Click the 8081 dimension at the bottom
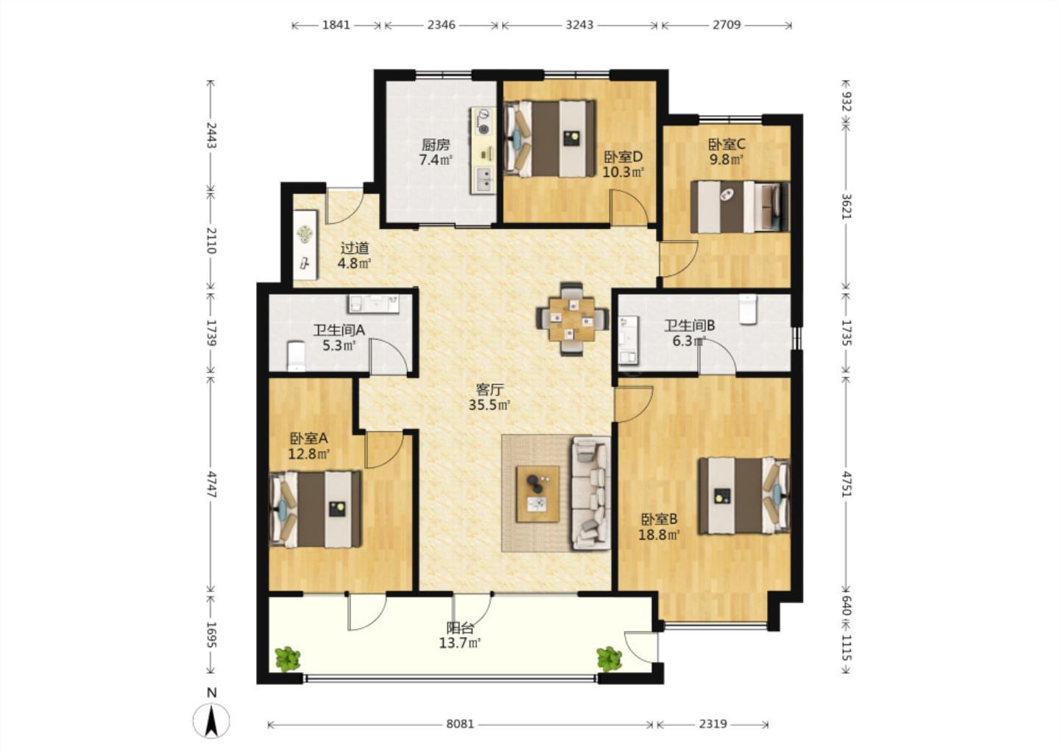pos(460,725)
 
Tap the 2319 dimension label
pos(713,725)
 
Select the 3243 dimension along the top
pos(579,24)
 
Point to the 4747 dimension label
pos(211,485)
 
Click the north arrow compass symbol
pos(211,720)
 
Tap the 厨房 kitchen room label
pos(435,144)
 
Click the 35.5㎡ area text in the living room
pos(490,405)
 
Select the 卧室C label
pos(727,144)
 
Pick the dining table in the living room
pos(572,319)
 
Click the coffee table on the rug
pos(537,494)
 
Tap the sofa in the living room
pos(591,493)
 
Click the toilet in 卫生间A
pos(296,356)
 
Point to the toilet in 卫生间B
pos(748,309)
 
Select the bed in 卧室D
pos(549,138)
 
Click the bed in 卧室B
pos(745,496)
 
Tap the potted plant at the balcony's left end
pos(287,659)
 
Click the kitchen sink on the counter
pos(483,180)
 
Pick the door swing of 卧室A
pos(384,450)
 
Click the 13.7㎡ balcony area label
pos(460,644)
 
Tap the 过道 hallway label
pos(355,248)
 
